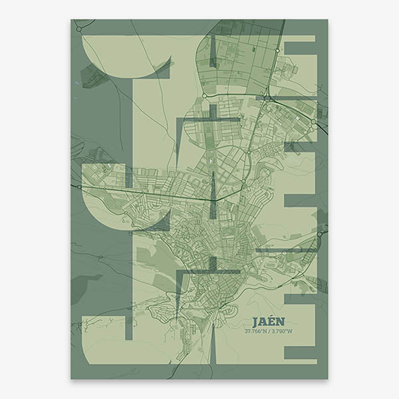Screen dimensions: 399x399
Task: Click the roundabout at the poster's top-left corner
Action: point(78,29)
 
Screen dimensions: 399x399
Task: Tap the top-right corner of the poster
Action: point(327,19)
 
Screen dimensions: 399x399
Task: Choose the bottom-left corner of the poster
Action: point(71,379)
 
